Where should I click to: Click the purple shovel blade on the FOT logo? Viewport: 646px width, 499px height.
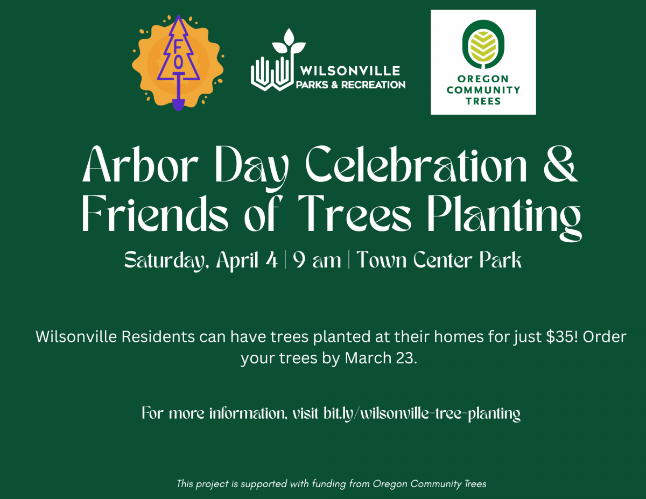pyautogui.click(x=178, y=105)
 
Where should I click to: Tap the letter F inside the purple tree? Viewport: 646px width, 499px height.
pyautogui.click(x=178, y=46)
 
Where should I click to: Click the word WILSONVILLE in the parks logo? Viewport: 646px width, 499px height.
pyautogui.click(x=350, y=71)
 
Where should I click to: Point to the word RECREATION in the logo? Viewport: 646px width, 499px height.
pyautogui.click(x=373, y=85)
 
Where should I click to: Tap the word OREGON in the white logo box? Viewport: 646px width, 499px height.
pyautogui.click(x=483, y=79)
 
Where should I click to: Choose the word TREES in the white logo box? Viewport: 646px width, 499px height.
pyautogui.click(x=483, y=101)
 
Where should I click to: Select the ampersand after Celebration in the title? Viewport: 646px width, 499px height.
pyautogui.click(x=561, y=164)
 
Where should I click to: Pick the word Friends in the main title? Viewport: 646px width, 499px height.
pyautogui.click(x=155, y=213)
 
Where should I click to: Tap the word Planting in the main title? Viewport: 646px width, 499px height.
pyautogui.click(x=504, y=217)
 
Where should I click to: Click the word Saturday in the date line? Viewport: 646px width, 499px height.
pyautogui.click(x=164, y=261)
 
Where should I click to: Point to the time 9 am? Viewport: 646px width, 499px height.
pyautogui.click(x=317, y=261)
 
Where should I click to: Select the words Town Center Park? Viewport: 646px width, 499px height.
pyautogui.click(x=439, y=260)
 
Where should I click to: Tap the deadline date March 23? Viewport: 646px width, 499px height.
pyautogui.click(x=381, y=358)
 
